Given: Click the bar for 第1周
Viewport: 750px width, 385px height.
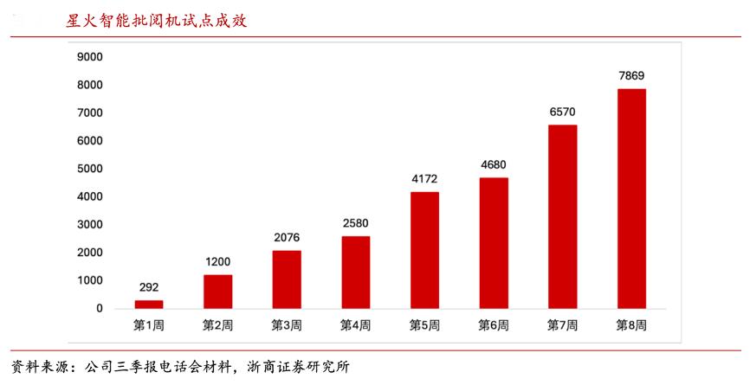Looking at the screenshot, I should [148, 304].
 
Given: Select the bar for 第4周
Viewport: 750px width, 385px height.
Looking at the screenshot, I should [355, 272].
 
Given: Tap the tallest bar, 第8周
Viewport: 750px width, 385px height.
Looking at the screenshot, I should [631, 198].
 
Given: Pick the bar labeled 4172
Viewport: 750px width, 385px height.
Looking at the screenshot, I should [424, 250].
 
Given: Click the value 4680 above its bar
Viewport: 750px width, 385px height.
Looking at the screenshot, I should [494, 165].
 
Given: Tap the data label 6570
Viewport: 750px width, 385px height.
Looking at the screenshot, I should [562, 112].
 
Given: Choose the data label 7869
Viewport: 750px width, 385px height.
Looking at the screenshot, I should [631, 76].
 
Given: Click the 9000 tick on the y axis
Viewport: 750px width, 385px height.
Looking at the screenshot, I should [90, 57].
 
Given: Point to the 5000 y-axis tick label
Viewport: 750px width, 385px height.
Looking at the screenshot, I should [90, 169].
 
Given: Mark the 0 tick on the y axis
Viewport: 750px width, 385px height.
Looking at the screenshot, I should [99, 308].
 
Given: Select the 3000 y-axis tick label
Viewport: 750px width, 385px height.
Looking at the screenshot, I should [90, 224].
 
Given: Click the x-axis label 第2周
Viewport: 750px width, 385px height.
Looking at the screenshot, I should [217, 325].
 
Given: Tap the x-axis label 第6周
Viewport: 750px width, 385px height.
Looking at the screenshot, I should [494, 325].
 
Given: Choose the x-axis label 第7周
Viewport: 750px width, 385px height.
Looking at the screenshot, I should [562, 325].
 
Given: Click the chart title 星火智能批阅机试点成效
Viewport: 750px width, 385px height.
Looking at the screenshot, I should [157, 21].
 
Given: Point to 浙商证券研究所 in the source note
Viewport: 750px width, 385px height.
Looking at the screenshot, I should [298, 366].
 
